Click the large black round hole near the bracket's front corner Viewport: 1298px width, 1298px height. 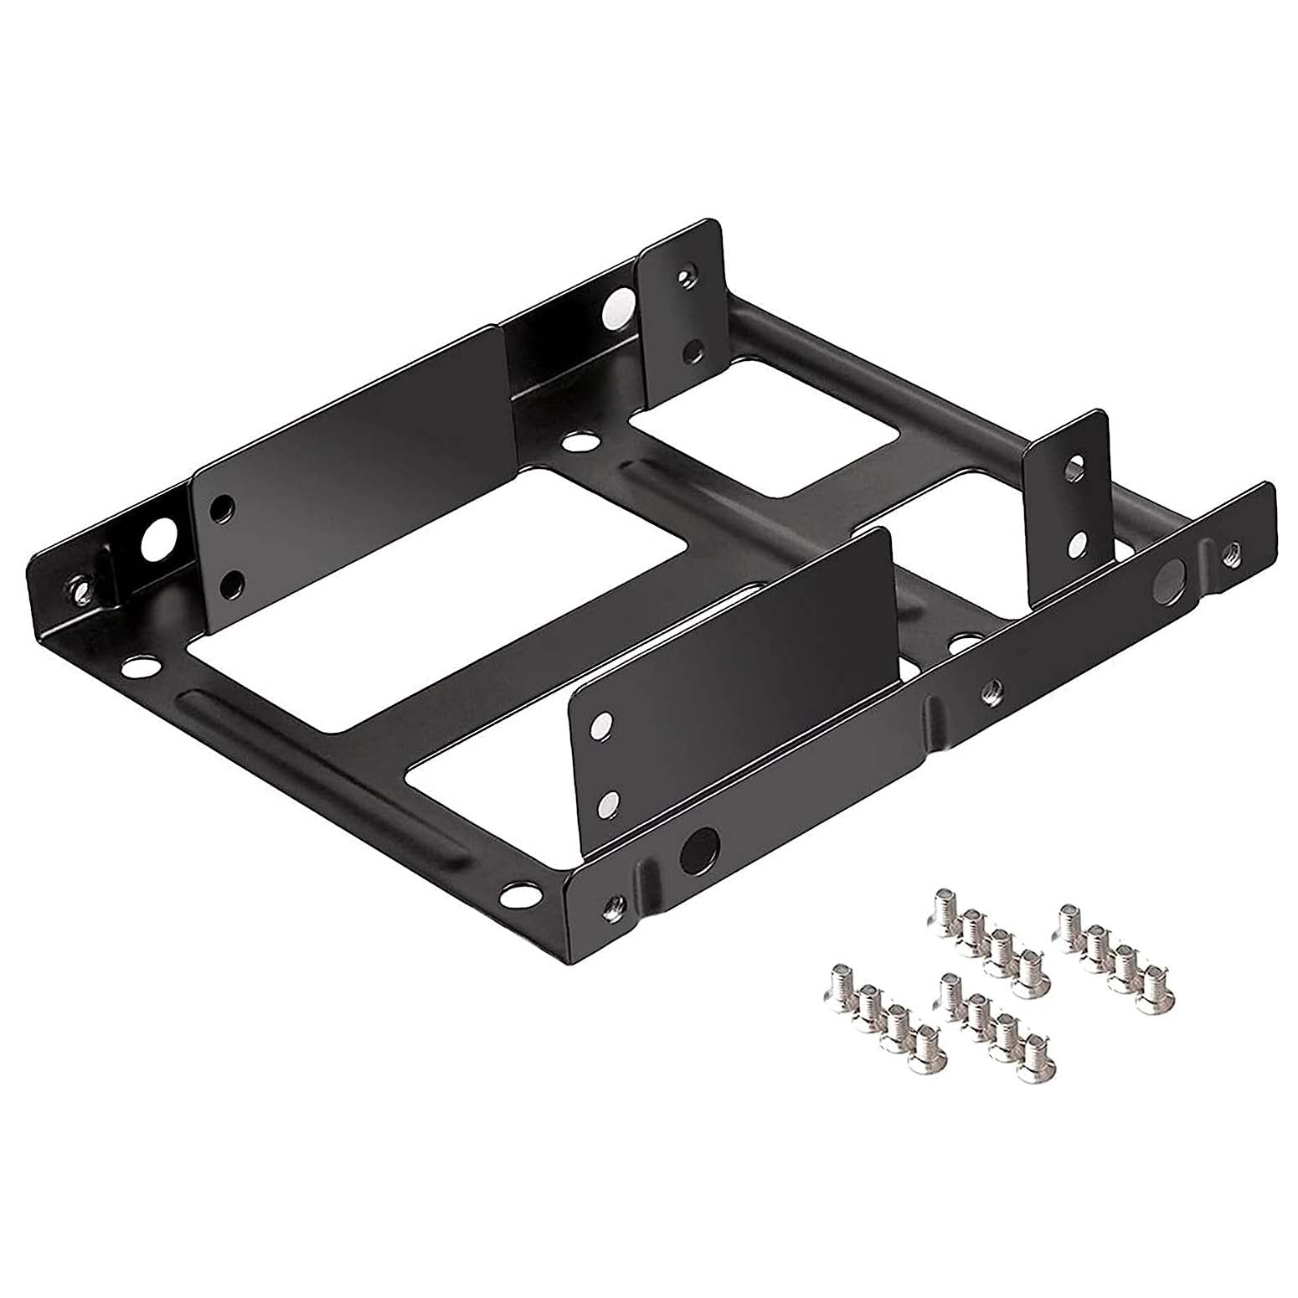[699, 850]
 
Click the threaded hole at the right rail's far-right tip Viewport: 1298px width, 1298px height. [1231, 552]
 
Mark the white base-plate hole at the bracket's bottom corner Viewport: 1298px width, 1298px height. [519, 898]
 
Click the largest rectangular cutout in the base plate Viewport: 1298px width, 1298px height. [435, 599]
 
